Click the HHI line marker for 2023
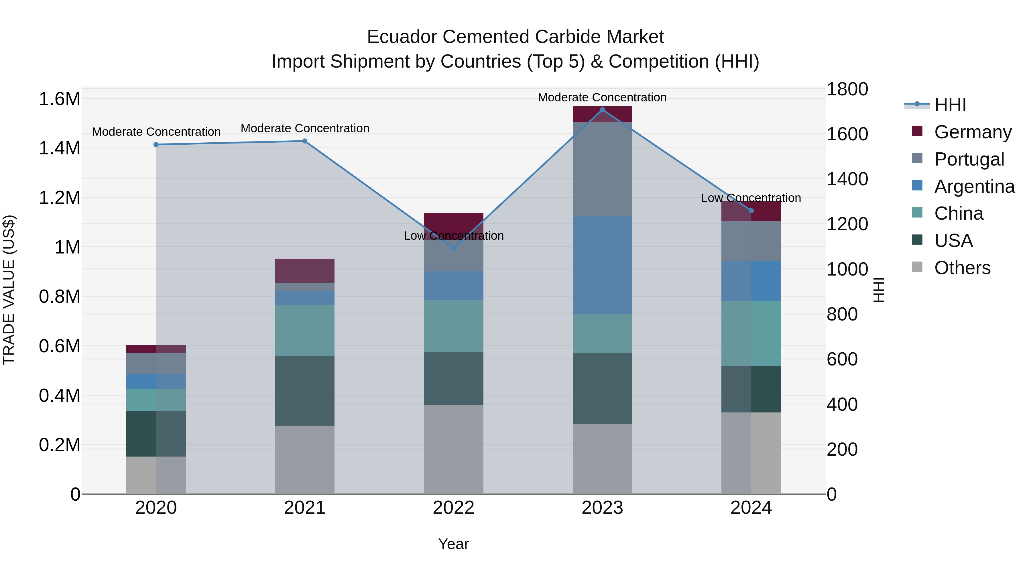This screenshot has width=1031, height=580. pos(602,110)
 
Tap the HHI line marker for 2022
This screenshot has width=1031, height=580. pos(453,248)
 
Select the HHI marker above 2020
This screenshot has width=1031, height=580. pos(156,145)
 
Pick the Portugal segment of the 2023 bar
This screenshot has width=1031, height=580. pos(602,169)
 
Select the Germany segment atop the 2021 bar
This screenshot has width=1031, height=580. pos(305,271)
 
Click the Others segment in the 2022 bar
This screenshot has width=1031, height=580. pos(453,449)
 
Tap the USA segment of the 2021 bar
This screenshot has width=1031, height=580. pos(305,390)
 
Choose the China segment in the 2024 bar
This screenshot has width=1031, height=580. pos(751,333)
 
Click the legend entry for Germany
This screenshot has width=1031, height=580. pos(973,132)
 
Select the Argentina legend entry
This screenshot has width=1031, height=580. pos(974,186)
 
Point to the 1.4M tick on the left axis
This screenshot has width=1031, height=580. pos(59,148)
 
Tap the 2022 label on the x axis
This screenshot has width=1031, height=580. pos(453,508)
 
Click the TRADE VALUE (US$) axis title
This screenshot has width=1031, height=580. pos(9,290)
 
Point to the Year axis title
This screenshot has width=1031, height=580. pos(453,544)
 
